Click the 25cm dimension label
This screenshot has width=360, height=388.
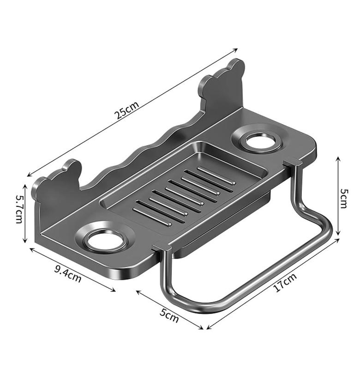click(126, 111)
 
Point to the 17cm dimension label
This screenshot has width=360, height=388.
click(284, 282)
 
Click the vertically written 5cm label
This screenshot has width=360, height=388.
click(343, 198)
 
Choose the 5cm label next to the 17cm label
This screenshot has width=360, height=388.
click(169, 316)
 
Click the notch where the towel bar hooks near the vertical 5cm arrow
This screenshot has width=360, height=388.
click(291, 162)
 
